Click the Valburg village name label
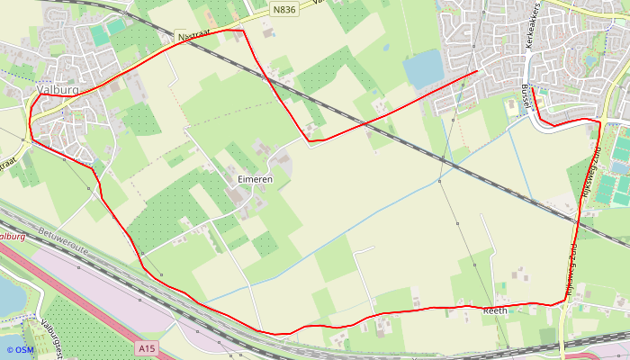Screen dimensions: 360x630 (58, 90)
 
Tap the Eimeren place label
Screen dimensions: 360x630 (255, 180)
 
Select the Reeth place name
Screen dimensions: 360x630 (495, 310)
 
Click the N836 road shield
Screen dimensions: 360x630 (283, 7)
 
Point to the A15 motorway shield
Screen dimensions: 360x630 (148, 346)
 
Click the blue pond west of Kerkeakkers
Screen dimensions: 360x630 (423, 68)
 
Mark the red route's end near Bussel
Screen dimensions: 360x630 (533, 88)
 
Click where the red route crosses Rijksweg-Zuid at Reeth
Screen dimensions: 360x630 (565, 303)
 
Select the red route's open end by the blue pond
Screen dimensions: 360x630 (477, 71)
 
